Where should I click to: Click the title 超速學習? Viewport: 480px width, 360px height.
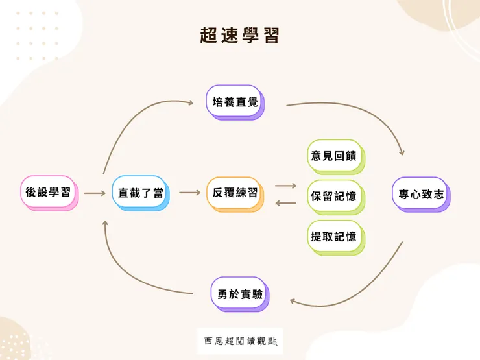(x=239, y=36)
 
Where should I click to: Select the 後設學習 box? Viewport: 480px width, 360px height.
(x=49, y=192)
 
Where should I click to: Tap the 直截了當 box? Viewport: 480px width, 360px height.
(x=140, y=193)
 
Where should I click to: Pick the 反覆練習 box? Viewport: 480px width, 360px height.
(x=235, y=193)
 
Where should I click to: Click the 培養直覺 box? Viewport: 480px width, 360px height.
(x=235, y=102)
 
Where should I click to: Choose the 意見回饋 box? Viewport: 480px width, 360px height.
(x=333, y=156)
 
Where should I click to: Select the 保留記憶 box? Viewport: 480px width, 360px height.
(x=333, y=196)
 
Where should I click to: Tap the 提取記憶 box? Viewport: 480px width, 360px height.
(x=333, y=236)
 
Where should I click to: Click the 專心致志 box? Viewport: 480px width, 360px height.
(x=420, y=193)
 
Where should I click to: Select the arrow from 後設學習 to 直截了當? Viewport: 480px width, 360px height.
(x=95, y=193)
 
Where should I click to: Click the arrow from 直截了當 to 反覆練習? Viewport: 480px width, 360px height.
(x=189, y=193)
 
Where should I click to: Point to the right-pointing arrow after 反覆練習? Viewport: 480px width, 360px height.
(x=285, y=186)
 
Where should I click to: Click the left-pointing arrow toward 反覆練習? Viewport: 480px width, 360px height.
(x=285, y=203)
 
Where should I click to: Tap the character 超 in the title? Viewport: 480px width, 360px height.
(x=210, y=36)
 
